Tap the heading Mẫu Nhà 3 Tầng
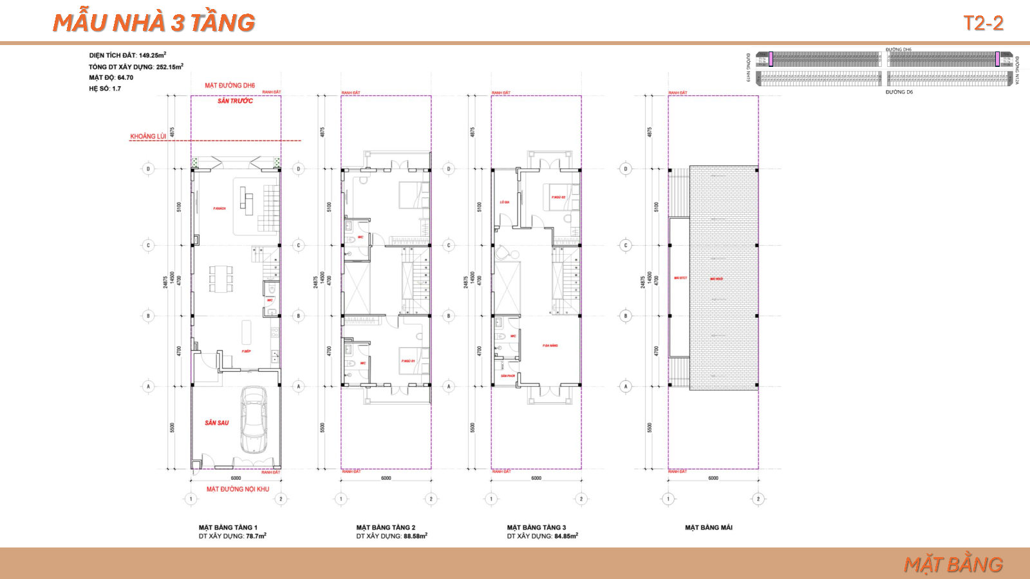[154, 23]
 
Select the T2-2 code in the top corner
[982, 23]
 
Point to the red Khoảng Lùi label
[148, 136]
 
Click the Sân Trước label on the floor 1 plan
[235, 101]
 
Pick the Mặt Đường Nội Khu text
[238, 489]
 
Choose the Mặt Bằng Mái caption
[708, 528]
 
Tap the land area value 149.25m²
[153, 55]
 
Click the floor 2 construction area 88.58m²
[415, 536]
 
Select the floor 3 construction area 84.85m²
[565, 536]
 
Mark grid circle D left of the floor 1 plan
[149, 169]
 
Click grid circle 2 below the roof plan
[758, 499]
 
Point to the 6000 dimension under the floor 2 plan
[386, 478]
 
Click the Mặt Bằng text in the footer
[953, 564]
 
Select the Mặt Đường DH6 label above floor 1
[230, 85]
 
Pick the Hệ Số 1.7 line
[105, 89]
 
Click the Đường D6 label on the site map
[899, 92]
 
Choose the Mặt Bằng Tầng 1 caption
[228, 528]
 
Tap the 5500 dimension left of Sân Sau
[172, 427]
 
